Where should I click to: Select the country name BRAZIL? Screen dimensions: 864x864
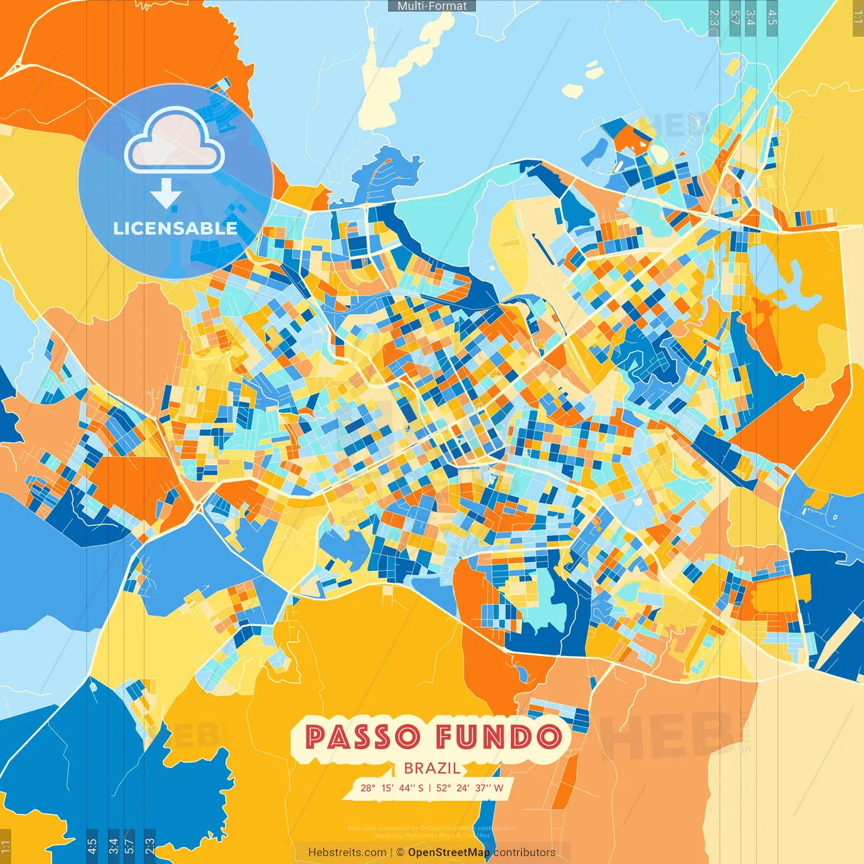click(432, 768)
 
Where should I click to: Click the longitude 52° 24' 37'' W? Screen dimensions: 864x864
click(470, 788)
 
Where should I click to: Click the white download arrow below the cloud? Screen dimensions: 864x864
click(165, 194)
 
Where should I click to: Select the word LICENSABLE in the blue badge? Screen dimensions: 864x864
click(175, 228)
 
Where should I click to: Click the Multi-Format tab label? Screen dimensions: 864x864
click(432, 5)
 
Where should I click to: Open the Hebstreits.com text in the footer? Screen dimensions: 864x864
click(347, 853)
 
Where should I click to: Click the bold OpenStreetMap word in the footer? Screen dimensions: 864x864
click(449, 853)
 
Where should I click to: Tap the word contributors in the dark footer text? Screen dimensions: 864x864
click(524, 853)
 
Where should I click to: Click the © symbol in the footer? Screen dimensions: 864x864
click(400, 853)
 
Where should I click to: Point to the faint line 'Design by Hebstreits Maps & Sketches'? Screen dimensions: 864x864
click(432, 836)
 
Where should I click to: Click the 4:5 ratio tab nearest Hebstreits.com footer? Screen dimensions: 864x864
click(92, 846)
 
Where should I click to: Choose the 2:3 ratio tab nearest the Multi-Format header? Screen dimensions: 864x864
click(714, 16)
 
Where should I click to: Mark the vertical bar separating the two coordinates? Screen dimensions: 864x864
click(430, 788)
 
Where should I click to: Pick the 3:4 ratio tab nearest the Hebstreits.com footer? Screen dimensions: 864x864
click(113, 846)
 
